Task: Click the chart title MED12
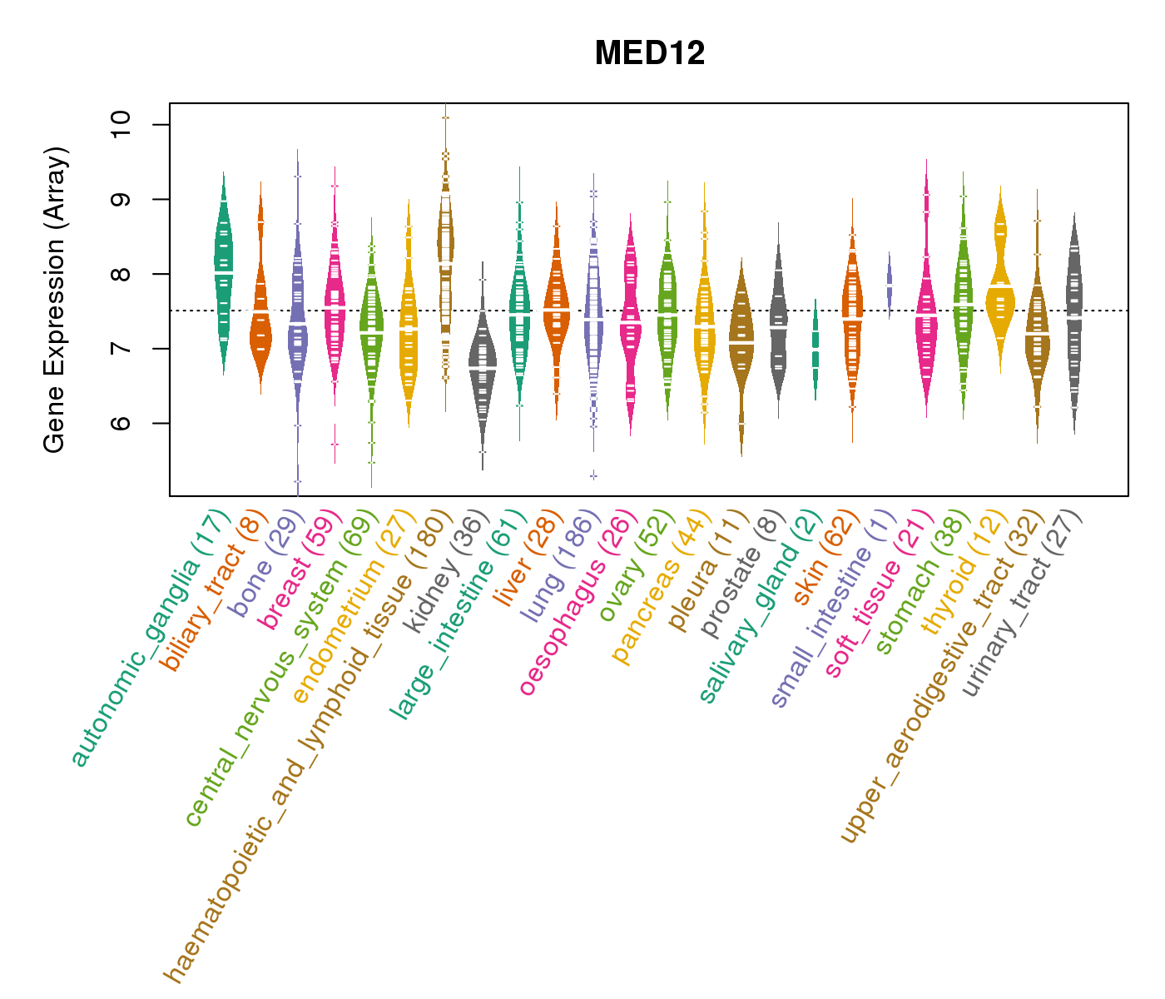(x=650, y=54)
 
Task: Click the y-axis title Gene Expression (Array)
(x=55, y=300)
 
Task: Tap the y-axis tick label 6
(x=121, y=423)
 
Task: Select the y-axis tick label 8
(x=121, y=274)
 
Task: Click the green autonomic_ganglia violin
(x=223, y=275)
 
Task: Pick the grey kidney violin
(x=483, y=366)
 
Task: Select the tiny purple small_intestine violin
(x=890, y=284)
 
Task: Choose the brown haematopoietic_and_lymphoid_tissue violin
(x=446, y=250)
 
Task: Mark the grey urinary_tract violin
(x=1074, y=316)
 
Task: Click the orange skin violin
(x=852, y=325)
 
